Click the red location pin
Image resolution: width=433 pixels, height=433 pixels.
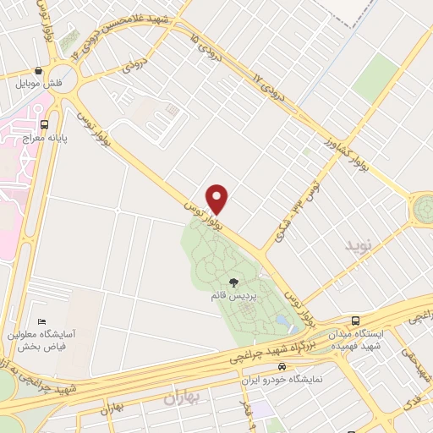tap(218, 198)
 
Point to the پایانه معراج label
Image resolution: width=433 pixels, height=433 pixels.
tap(27, 137)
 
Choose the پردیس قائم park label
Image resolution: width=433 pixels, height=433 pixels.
tap(233, 297)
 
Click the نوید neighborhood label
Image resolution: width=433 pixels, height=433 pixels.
tap(358, 244)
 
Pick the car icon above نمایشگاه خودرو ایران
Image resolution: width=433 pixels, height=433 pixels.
tap(281, 367)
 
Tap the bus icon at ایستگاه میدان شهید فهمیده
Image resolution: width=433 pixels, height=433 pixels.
tap(356, 321)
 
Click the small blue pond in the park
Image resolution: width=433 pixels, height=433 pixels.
tap(280, 320)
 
